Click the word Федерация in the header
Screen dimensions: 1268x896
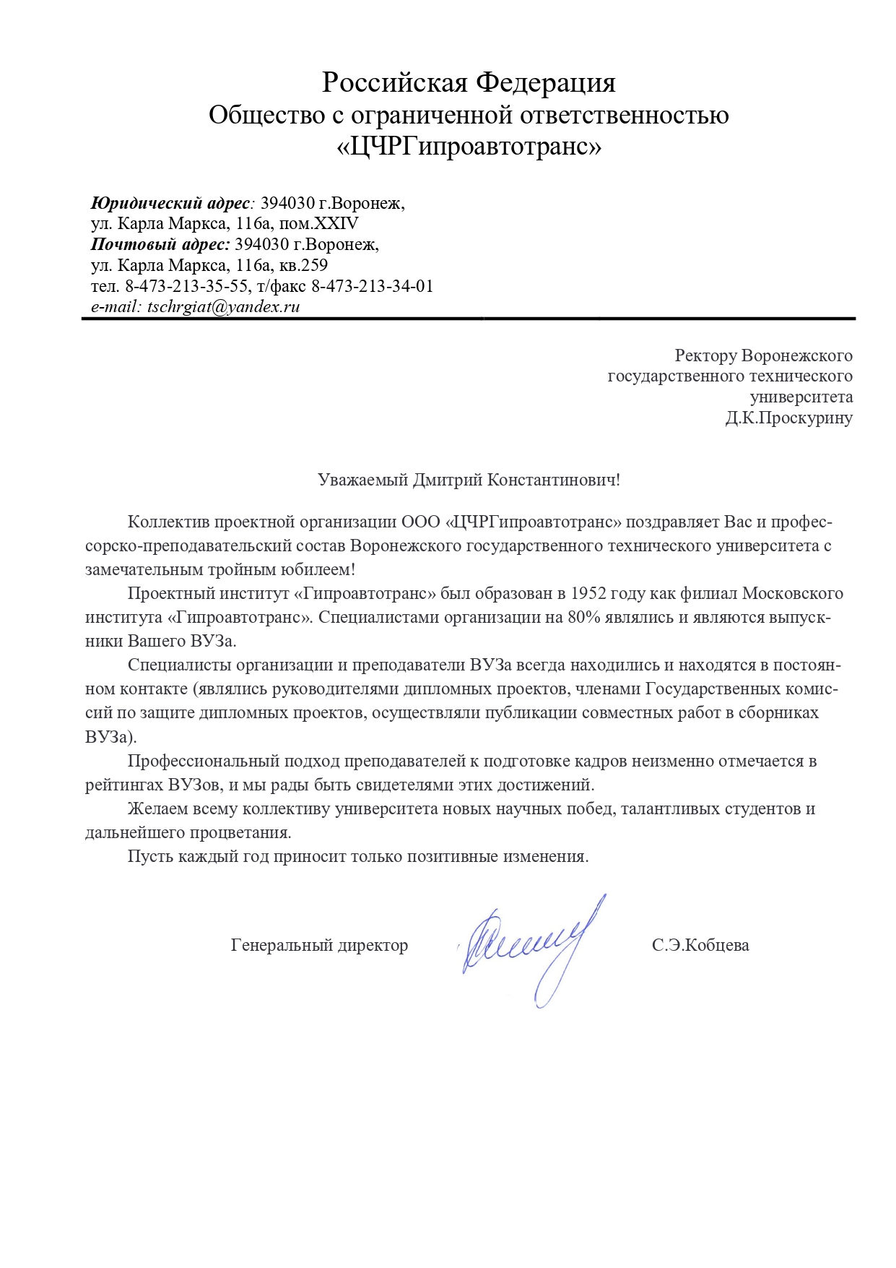coord(545,82)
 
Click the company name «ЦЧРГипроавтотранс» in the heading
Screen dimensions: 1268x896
coord(469,147)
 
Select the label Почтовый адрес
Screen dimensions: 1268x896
coord(160,244)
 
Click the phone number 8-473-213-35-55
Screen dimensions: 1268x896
coord(186,286)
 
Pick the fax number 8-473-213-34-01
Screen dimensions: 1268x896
coord(372,286)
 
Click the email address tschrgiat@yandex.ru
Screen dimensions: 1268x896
coord(223,306)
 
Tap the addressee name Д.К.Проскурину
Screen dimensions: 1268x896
coord(788,418)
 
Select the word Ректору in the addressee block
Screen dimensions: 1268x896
coord(706,355)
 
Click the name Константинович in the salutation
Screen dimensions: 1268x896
coord(553,480)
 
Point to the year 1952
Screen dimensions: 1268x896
coord(588,594)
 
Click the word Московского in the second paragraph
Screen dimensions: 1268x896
coord(793,594)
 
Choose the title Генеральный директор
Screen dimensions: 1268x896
coord(319,945)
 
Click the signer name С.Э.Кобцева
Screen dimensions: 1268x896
coord(700,945)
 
